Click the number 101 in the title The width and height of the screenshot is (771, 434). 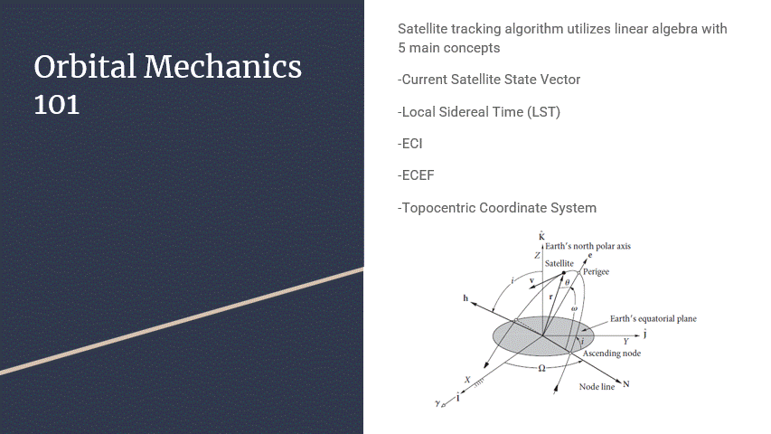click(56, 105)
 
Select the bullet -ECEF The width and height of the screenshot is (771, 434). click(416, 175)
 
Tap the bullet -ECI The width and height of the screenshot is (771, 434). click(410, 144)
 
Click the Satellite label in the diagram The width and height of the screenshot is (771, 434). click(559, 262)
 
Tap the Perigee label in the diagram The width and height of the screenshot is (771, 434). click(596, 272)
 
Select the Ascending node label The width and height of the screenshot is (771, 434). click(611, 354)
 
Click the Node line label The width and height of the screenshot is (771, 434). click(597, 387)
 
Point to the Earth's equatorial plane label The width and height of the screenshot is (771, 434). click(653, 319)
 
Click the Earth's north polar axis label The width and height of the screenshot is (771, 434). click(588, 246)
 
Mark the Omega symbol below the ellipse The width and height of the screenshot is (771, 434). click(541, 369)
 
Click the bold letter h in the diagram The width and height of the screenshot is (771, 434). click(465, 297)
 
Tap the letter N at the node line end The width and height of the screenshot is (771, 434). click(626, 385)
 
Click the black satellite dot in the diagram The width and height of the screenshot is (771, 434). click(563, 274)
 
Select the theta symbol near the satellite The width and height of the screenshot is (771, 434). click(567, 283)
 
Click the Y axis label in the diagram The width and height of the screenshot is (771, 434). click(625, 342)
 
